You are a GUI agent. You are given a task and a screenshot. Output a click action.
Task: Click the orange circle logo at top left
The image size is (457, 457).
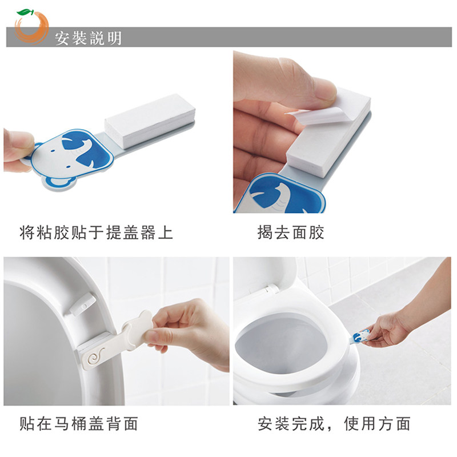point(31,27)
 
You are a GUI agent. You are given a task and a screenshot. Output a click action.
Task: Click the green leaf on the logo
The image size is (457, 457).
point(25,12)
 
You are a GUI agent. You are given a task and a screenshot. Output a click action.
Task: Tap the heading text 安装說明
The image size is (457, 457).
point(89,38)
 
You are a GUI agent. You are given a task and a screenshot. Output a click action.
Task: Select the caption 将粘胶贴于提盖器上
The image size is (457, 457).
point(96,232)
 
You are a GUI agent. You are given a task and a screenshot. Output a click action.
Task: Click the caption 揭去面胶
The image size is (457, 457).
point(291,232)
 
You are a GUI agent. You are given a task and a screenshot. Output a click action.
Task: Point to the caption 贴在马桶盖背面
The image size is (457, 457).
point(79,423)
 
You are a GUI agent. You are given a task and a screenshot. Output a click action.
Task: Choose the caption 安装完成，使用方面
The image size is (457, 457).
point(334,423)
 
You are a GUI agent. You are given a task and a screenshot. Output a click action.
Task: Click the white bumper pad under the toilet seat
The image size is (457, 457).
point(82,305)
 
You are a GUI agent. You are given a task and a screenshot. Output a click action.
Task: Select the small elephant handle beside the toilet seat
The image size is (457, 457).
point(360,336)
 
